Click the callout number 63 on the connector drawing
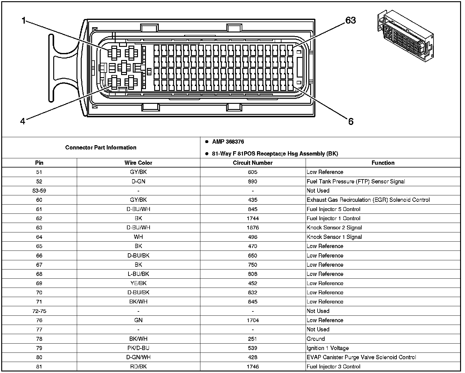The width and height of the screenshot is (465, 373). point(351,20)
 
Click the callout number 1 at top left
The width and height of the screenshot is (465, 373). point(23,21)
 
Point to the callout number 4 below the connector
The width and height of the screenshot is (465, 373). point(23,121)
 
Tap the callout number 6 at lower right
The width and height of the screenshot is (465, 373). point(351,122)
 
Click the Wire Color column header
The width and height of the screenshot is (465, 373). point(138,163)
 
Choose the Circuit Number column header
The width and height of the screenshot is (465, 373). point(253,163)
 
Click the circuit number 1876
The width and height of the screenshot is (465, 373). point(253,228)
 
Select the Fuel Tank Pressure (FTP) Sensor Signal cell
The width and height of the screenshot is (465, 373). point(355,181)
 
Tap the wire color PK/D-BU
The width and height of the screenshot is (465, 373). point(138,348)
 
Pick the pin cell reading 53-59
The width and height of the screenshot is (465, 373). point(39,190)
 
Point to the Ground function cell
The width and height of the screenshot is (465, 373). point(316,339)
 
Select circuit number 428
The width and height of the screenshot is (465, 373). point(253,357)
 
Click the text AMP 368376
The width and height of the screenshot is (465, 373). point(228,142)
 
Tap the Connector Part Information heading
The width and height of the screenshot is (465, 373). point(101,148)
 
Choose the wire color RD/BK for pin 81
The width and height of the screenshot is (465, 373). point(138,367)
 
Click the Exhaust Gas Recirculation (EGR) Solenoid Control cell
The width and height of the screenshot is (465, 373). point(368,200)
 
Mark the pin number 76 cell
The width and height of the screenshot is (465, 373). point(39,320)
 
